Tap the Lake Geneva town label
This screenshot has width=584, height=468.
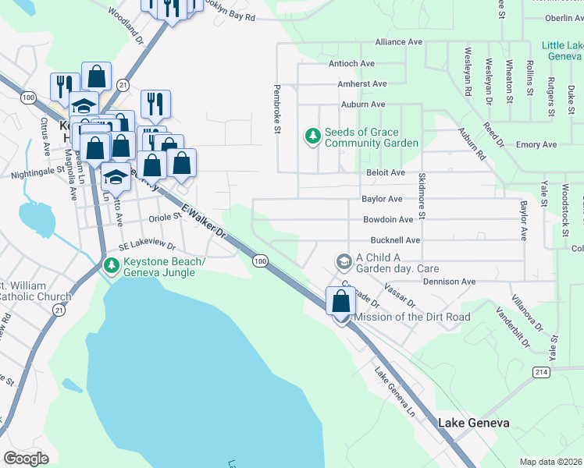pyautogui.click(x=473, y=423)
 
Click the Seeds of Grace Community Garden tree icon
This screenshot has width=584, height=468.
pyautogui.click(x=313, y=137)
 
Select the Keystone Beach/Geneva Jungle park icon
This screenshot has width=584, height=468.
pyautogui.click(x=112, y=267)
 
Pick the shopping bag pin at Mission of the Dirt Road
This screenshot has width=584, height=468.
pyautogui.click(x=341, y=303)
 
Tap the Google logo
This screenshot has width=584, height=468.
pyautogui.click(x=26, y=459)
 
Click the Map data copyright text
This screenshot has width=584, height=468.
pyautogui.click(x=551, y=462)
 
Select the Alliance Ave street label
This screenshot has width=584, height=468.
pyautogui.click(x=398, y=42)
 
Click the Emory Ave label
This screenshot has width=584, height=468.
pyautogui.click(x=536, y=145)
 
